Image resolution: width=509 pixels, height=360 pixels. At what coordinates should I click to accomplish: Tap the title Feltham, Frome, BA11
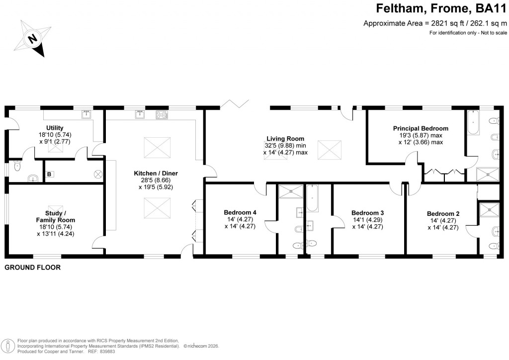tap(439, 9)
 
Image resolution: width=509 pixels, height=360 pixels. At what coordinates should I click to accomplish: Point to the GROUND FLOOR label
tap(32, 268)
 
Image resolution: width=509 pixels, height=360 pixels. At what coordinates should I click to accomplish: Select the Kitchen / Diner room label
tap(156, 173)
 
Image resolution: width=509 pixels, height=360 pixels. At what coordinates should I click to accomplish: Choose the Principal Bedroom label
tap(420, 128)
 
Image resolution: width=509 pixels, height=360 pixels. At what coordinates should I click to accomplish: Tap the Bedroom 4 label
tap(241, 212)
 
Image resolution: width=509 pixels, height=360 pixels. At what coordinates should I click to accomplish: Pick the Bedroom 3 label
tap(367, 212)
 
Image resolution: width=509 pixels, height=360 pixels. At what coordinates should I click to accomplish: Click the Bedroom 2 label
tap(443, 214)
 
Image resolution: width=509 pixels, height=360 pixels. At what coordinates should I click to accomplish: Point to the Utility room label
tap(55, 128)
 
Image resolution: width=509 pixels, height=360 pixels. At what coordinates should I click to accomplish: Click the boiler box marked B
tap(49, 174)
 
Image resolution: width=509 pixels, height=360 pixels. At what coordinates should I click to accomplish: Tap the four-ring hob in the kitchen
tap(162, 115)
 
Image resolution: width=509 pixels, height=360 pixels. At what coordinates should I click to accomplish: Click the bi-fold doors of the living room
tap(235, 103)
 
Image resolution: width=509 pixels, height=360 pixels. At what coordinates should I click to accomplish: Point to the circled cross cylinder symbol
tap(98, 174)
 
